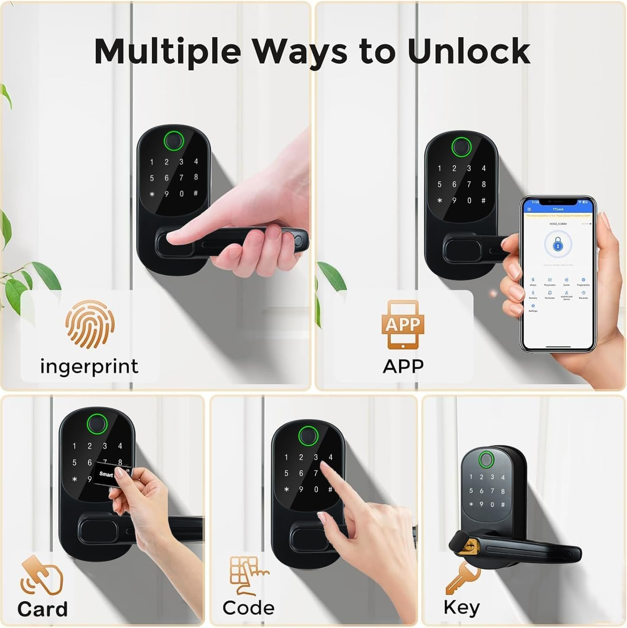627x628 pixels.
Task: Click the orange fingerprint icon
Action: [x=90, y=325]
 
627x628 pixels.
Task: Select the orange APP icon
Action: [x=402, y=324]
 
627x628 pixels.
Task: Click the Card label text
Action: [x=42, y=609]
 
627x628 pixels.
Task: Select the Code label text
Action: [x=248, y=608]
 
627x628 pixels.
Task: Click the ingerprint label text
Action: [x=89, y=366]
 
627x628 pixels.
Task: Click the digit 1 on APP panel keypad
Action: [x=440, y=168]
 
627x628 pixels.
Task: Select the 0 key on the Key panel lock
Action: [x=492, y=504]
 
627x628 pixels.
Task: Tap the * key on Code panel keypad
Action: [x=286, y=489]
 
